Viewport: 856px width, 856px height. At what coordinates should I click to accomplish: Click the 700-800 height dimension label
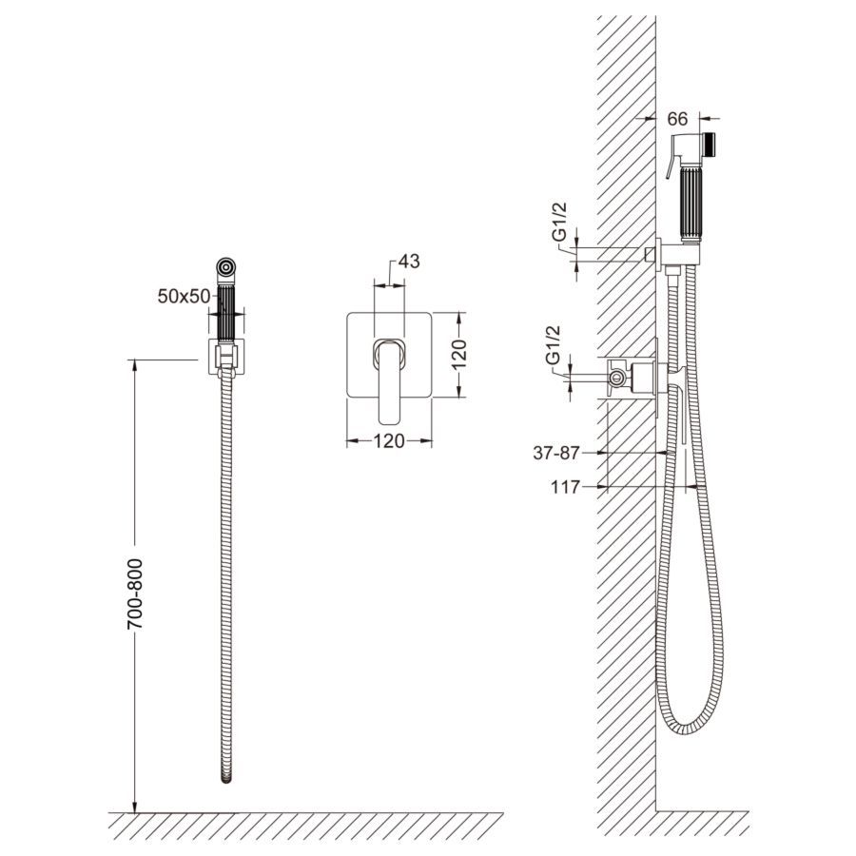click(x=135, y=593)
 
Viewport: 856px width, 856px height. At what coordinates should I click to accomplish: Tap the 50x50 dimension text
click(x=184, y=296)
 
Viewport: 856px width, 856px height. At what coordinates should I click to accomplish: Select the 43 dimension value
click(x=409, y=262)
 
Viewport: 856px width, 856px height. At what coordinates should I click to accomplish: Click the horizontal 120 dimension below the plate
click(x=389, y=440)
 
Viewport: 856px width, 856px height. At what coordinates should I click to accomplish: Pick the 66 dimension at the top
click(x=677, y=118)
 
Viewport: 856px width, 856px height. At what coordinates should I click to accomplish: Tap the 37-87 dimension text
click(x=555, y=453)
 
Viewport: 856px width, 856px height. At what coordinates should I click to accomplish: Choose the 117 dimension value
click(x=565, y=487)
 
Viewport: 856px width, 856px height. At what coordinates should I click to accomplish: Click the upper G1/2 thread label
click(x=560, y=222)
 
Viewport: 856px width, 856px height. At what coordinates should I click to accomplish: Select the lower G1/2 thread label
click(x=553, y=345)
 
